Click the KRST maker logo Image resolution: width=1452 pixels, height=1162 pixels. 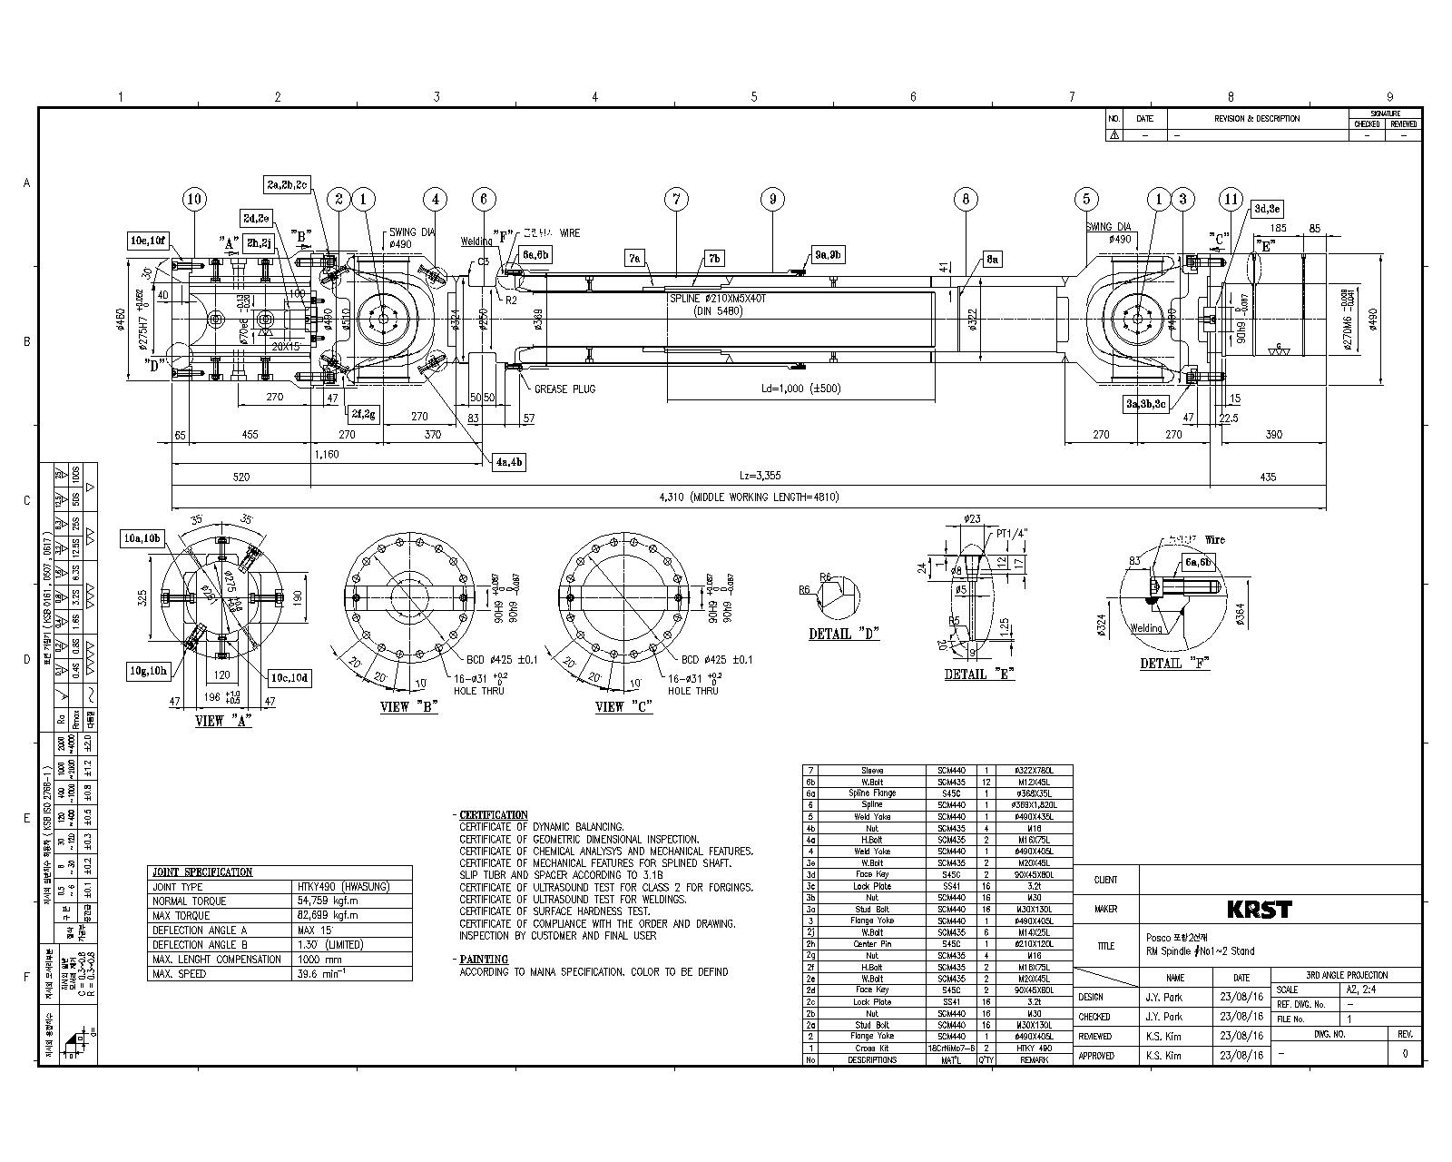tap(1258, 909)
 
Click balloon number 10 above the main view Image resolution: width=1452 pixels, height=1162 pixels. tap(193, 199)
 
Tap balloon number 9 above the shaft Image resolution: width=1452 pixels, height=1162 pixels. tap(771, 199)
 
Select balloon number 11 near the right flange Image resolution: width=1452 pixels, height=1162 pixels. tap(1231, 199)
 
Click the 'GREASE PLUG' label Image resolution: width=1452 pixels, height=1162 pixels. tap(564, 389)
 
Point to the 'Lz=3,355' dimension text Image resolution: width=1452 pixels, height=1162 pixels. tap(760, 476)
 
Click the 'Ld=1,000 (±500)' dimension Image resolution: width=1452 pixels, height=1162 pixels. tap(800, 389)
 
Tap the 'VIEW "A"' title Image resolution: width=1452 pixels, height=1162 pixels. tap(223, 721)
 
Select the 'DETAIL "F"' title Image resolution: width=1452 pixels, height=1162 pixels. tap(1175, 664)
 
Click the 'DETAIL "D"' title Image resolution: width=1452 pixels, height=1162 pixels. tap(844, 634)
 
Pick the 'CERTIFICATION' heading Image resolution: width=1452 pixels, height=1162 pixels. tap(493, 815)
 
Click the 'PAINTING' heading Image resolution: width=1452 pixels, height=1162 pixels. tap(484, 959)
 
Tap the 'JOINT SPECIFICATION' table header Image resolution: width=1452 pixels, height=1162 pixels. tap(202, 872)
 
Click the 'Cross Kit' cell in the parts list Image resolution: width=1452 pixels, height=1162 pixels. tap(864, 1048)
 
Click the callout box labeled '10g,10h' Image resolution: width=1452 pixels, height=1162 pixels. tap(146, 670)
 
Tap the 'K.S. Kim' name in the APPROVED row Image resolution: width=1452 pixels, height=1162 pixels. tap(1164, 1056)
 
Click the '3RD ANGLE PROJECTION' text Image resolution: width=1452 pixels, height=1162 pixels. tap(1346, 975)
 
